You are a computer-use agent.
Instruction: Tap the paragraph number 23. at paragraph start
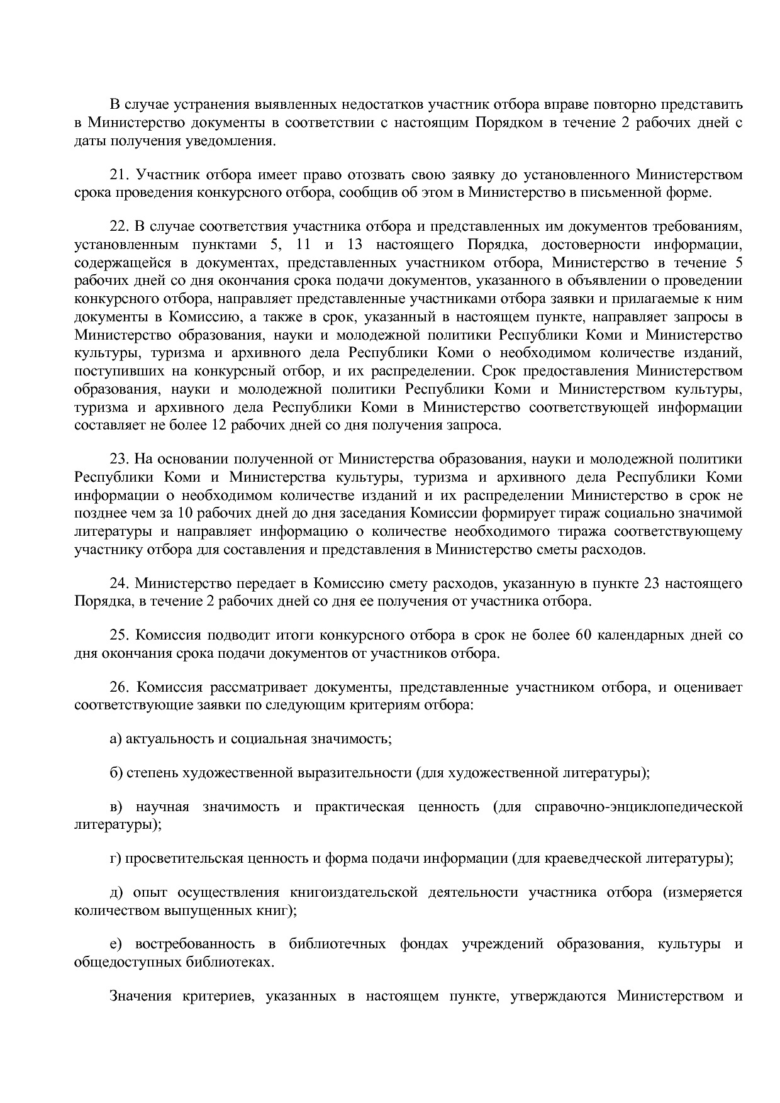point(120,459)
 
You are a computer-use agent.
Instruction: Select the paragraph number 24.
point(120,584)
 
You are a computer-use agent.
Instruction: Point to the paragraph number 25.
point(120,635)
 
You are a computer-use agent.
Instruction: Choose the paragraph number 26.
point(120,687)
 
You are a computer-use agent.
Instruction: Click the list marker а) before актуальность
point(115,739)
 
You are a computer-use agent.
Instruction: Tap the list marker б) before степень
point(115,772)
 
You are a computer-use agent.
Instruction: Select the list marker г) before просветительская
point(114,858)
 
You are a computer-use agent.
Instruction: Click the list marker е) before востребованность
point(115,945)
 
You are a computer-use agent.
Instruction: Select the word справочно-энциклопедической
point(638,807)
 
